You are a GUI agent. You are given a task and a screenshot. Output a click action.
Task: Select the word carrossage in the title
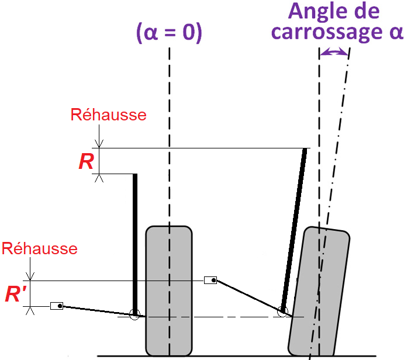pyautogui.click(x=324, y=32)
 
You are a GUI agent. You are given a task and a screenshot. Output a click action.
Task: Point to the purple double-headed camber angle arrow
pyautogui.click(x=334, y=53)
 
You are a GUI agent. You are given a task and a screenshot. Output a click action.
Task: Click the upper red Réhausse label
pyautogui.click(x=108, y=115)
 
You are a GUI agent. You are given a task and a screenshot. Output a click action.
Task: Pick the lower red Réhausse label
pyautogui.click(x=40, y=248)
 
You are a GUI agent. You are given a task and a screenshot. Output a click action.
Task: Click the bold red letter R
pyautogui.click(x=87, y=161)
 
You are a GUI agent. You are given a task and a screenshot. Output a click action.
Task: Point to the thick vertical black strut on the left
pyautogui.click(x=135, y=240)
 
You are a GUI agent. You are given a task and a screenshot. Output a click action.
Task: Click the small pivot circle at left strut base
pyautogui.click(x=135, y=314)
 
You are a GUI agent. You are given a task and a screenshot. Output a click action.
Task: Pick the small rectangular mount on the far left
pyautogui.click(x=57, y=306)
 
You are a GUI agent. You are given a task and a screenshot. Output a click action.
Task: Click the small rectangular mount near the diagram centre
pyautogui.click(x=210, y=281)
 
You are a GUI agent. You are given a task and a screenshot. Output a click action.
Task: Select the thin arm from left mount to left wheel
pyautogui.click(x=96, y=310)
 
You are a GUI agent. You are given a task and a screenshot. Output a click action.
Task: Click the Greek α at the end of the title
pyautogui.click(x=395, y=32)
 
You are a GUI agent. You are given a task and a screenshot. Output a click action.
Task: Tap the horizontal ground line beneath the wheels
pyautogui.click(x=234, y=355)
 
